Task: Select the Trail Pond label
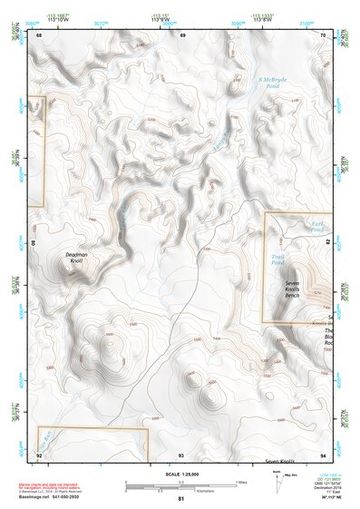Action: point(278,260)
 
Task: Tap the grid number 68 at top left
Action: point(39,35)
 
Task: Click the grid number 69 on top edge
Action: point(181,35)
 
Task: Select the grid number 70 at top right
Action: point(324,35)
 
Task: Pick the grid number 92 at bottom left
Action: point(39,454)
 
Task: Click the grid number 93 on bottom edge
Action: point(181,454)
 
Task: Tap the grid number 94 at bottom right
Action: point(324,454)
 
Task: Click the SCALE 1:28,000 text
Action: point(180,474)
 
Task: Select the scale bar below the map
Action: point(180,486)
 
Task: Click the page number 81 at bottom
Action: point(180,499)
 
